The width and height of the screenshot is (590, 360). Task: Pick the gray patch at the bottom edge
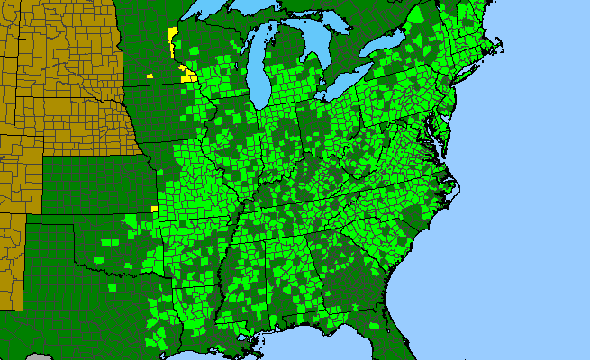click(x=36, y=356)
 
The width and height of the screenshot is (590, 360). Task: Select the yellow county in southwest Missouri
click(x=154, y=209)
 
